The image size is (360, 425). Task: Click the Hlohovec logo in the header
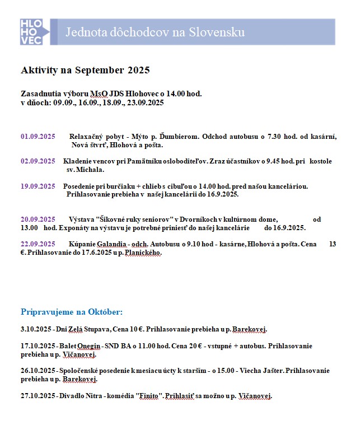click(x=35, y=31)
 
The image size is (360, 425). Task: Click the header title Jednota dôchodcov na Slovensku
click(x=155, y=32)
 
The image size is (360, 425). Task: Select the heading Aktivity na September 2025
click(x=85, y=70)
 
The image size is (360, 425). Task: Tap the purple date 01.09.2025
click(x=38, y=137)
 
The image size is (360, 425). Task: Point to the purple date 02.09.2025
click(x=38, y=161)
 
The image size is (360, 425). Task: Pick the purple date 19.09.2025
click(x=38, y=186)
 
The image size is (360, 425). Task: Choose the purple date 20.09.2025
click(x=38, y=219)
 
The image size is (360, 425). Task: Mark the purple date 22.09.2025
click(x=38, y=244)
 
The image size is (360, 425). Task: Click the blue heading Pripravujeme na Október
click(x=72, y=311)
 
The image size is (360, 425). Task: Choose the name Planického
click(x=143, y=253)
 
